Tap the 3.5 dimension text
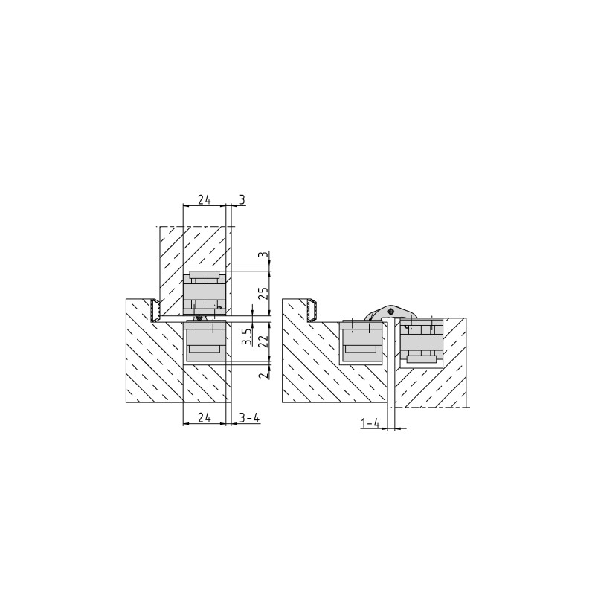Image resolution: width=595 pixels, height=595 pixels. (247, 337)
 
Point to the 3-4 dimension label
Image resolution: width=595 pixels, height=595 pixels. (250, 418)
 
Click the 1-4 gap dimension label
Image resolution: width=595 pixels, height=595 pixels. (370, 423)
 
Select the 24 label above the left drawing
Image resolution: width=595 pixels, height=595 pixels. (205, 199)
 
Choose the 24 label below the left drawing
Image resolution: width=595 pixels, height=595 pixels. (205, 418)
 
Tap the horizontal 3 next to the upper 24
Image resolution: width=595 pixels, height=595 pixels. (242, 199)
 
